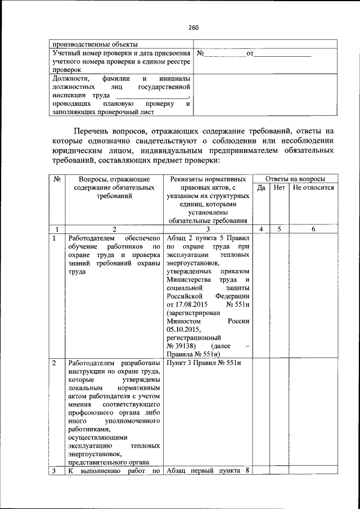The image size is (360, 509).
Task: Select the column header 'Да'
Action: click(x=261, y=188)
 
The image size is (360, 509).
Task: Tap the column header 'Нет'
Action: click(x=280, y=188)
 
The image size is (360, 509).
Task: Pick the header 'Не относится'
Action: click(x=313, y=188)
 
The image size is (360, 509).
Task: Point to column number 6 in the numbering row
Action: click(x=313, y=229)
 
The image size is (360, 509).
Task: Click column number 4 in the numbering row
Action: click(x=261, y=229)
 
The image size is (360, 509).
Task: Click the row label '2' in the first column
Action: click(x=54, y=363)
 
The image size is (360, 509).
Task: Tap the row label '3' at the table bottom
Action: click(x=54, y=471)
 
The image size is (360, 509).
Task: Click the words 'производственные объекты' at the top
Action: click(x=94, y=44)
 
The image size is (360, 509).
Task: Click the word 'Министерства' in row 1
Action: click(x=188, y=280)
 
